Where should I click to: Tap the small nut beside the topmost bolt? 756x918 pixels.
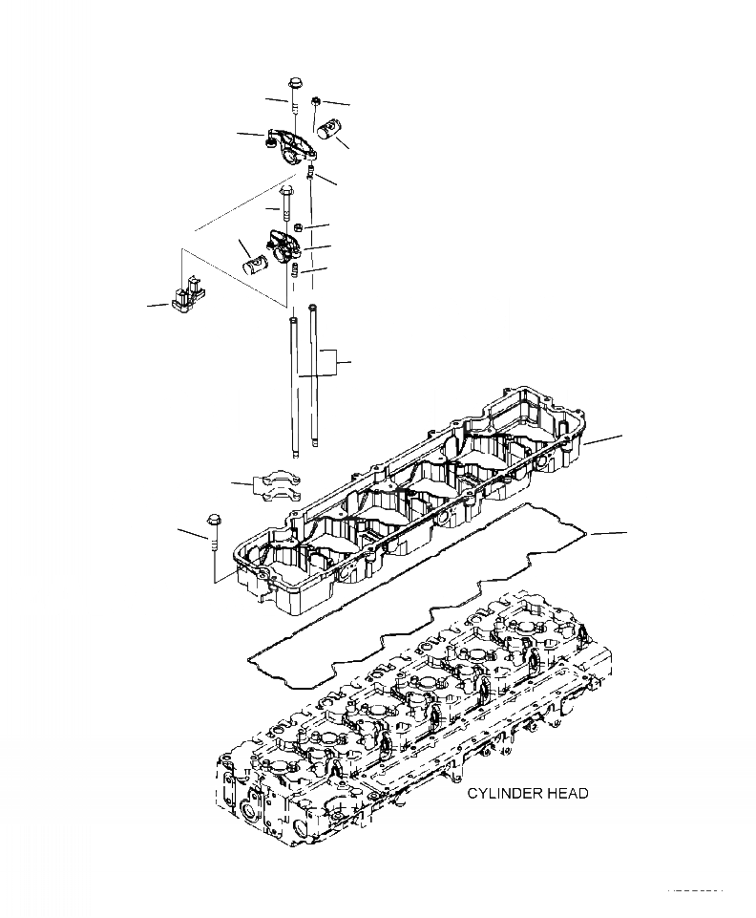tap(316, 100)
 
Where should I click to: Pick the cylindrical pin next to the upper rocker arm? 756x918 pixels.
tap(336, 127)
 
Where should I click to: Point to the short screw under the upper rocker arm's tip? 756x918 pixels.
tap(311, 172)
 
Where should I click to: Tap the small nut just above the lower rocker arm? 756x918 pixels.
tap(298, 226)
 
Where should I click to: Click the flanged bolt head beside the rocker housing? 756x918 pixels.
tap(214, 522)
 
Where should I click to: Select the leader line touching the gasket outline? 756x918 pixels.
tap(607, 531)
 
